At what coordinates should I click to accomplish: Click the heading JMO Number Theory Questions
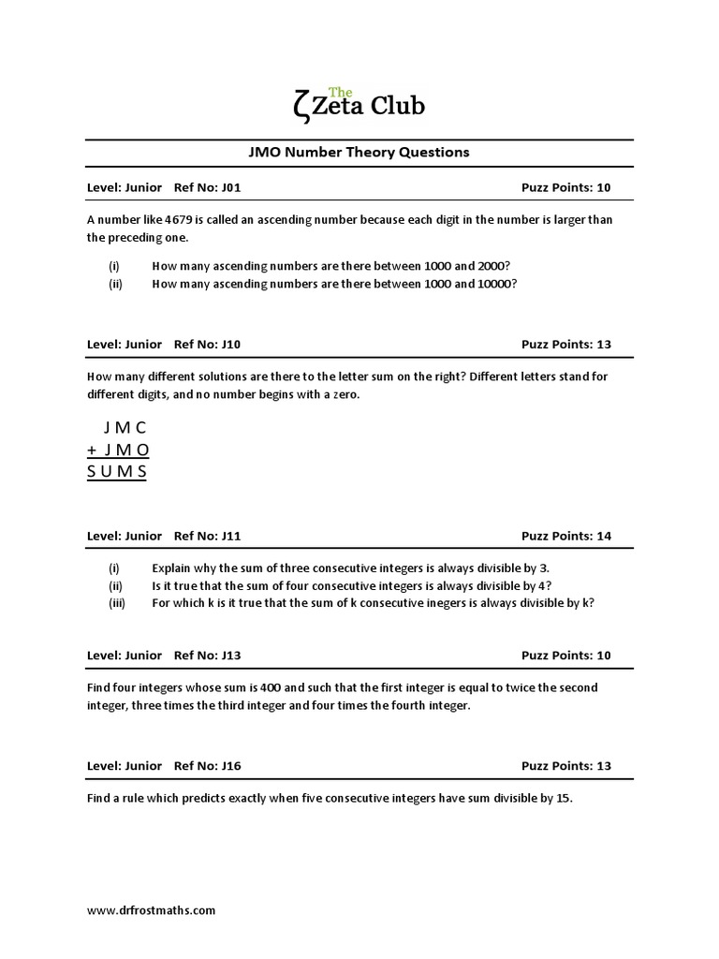click(359, 152)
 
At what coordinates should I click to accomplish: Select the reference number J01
click(231, 187)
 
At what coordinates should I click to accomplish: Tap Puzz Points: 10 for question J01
click(565, 187)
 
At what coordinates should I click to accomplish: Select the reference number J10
click(231, 345)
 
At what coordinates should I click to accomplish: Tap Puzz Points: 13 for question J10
click(565, 345)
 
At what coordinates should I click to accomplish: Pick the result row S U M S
click(117, 470)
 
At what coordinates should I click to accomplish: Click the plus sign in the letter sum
click(92, 450)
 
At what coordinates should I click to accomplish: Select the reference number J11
click(231, 537)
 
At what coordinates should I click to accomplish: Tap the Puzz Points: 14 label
click(565, 537)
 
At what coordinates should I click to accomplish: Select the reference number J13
click(231, 656)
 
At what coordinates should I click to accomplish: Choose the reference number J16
click(231, 766)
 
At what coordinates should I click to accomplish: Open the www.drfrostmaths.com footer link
click(151, 909)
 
